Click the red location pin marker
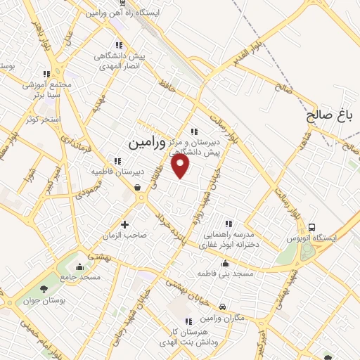tap(182, 167)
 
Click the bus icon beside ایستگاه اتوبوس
tap(311, 227)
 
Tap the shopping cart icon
tap(137, 188)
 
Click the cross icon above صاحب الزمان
tap(125, 224)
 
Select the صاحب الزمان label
tap(125, 236)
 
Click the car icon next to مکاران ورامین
tap(222, 307)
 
